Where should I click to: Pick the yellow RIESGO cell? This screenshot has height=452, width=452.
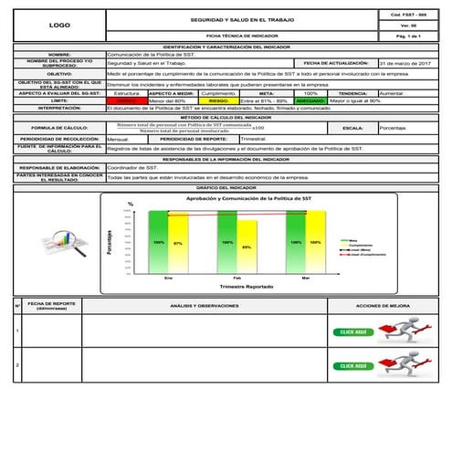point(225,100)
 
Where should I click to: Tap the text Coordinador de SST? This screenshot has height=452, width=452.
point(133,168)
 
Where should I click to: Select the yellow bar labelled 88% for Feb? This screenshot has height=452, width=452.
point(247,246)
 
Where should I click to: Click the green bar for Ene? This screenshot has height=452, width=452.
point(159,241)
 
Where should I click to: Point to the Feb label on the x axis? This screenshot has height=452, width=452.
point(237,277)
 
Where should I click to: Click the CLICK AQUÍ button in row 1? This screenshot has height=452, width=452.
point(353,332)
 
